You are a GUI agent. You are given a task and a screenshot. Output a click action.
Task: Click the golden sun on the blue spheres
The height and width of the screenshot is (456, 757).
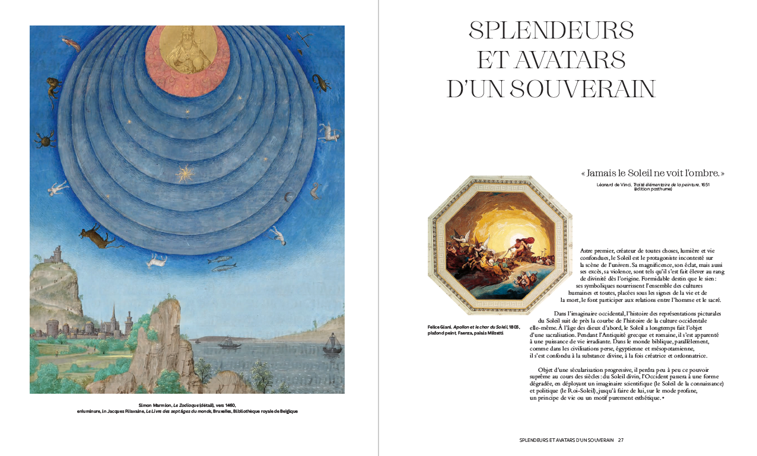pos(185,174)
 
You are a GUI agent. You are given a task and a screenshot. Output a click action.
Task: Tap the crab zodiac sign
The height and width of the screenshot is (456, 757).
pos(44,140)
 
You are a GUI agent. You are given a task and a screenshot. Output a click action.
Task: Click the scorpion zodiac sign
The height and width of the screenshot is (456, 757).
pos(322,82)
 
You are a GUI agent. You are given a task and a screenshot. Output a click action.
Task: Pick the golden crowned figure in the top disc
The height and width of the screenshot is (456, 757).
pos(187,52)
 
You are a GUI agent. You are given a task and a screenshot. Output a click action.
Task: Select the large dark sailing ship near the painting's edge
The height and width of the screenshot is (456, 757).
pos(331,345)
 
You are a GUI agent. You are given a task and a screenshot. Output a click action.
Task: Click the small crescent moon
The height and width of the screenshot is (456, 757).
pos(289,198)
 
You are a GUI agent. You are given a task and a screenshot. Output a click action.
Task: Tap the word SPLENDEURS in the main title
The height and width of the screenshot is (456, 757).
pos(551,30)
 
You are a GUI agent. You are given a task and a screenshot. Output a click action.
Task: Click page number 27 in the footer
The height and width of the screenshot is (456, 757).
pos(621,440)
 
